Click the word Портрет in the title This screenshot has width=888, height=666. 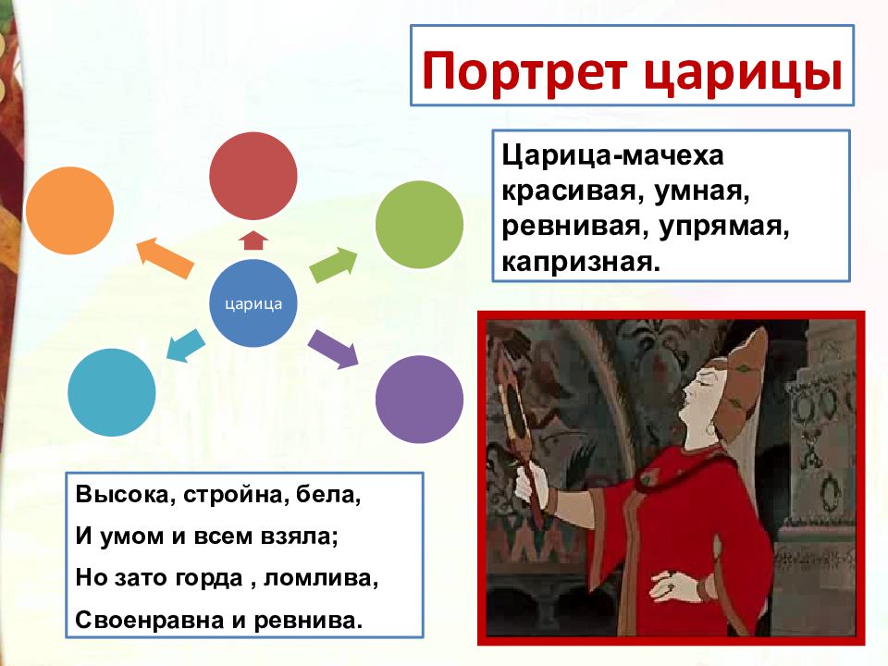(524, 72)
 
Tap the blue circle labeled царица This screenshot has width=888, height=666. (253, 303)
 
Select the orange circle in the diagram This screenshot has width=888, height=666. (69, 211)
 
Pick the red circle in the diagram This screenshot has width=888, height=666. (253, 176)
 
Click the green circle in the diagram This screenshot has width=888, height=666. (419, 224)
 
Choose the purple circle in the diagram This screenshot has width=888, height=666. (419, 400)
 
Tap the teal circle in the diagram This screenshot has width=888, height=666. (112, 392)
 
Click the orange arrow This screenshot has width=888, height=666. (165, 258)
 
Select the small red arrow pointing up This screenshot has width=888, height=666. (253, 240)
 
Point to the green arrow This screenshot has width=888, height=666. (333, 265)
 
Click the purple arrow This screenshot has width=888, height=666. (334, 349)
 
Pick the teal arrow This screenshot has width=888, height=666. (186, 345)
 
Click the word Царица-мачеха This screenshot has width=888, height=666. (612, 155)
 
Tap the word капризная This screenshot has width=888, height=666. (581, 262)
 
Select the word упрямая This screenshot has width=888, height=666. (723, 227)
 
